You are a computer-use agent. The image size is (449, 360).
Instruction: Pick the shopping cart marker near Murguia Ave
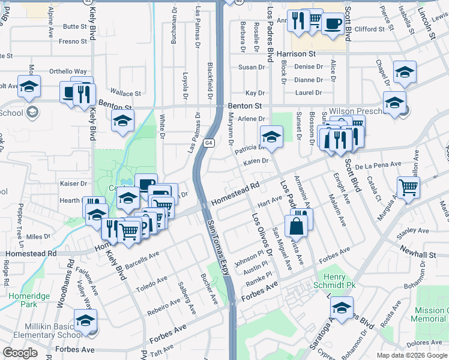(x=408, y=188)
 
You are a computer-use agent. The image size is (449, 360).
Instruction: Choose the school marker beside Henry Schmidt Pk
(x=342, y=309)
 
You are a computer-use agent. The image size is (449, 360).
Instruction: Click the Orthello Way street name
(x=68, y=71)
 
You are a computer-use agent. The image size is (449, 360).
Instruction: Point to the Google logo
(x=20, y=353)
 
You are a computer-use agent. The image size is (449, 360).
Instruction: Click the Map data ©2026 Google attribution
(x=412, y=355)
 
